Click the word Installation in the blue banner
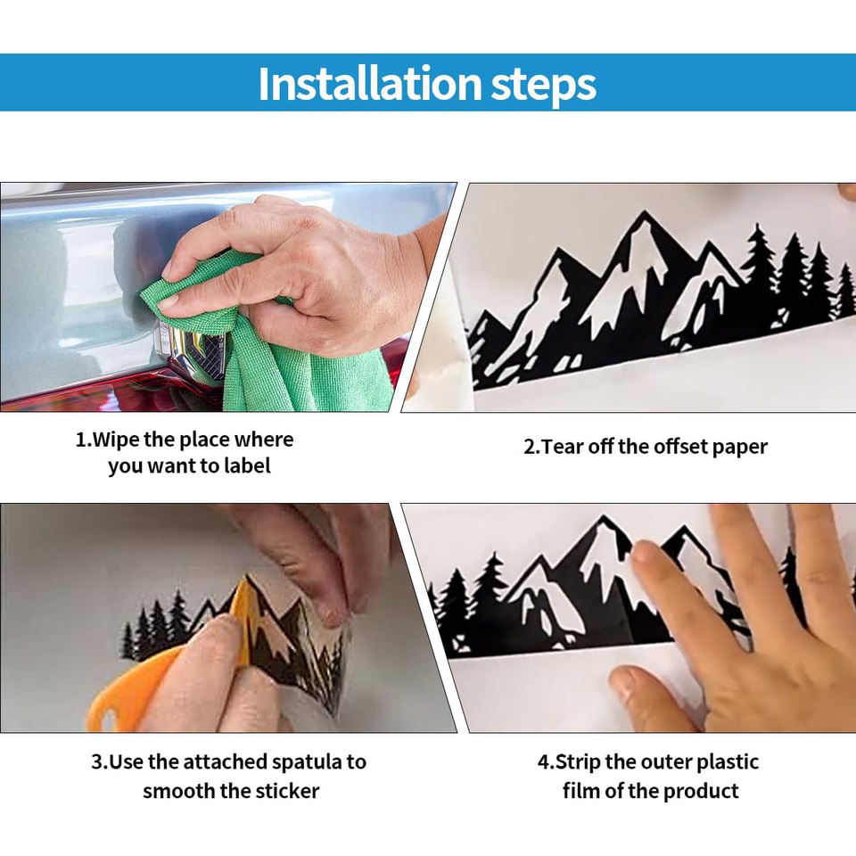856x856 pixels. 370,84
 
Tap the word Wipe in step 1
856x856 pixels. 116,440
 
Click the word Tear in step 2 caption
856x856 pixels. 564,447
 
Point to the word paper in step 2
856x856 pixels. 740,448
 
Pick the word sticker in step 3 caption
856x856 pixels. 285,791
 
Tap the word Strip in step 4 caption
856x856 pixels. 578,762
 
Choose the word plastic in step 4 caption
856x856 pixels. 728,762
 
